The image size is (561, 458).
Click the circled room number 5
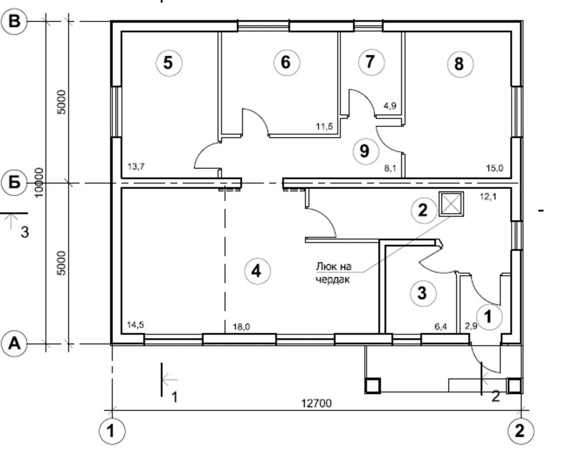[169, 63]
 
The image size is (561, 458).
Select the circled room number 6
[287, 63]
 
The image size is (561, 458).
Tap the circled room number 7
[371, 62]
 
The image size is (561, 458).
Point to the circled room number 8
[460, 64]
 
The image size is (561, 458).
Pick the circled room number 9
[366, 151]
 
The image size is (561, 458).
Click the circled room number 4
[257, 271]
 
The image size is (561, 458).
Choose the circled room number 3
[423, 293]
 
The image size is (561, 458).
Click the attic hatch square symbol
[451, 204]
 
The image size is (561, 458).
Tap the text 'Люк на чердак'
[333, 273]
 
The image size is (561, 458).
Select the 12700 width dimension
[316, 403]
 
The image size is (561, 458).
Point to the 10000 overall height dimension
[39, 182]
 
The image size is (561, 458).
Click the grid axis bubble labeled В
[14, 21]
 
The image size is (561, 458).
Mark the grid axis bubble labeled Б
[14, 183]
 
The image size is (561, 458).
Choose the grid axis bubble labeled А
[14, 344]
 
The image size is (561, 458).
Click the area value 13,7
[136, 167]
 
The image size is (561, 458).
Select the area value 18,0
[241, 327]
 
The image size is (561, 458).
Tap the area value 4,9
[390, 106]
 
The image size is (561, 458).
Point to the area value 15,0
[494, 168]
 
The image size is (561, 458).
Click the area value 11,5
[324, 126]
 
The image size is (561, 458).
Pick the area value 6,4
[441, 327]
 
